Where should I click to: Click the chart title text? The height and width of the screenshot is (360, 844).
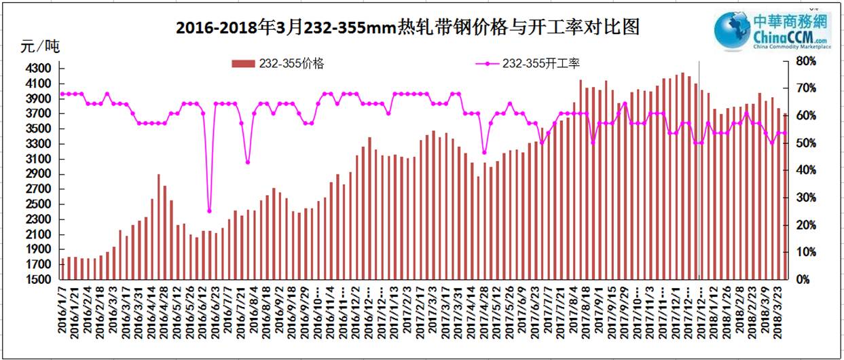tap(407, 28)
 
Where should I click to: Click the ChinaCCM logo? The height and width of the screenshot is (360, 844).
tap(772, 31)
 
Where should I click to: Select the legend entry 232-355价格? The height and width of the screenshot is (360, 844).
tap(278, 63)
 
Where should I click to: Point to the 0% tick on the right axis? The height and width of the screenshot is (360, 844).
tap(803, 279)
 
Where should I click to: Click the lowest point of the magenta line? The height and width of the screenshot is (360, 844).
tap(209, 211)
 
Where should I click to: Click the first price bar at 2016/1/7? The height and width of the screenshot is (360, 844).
tap(62, 268)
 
